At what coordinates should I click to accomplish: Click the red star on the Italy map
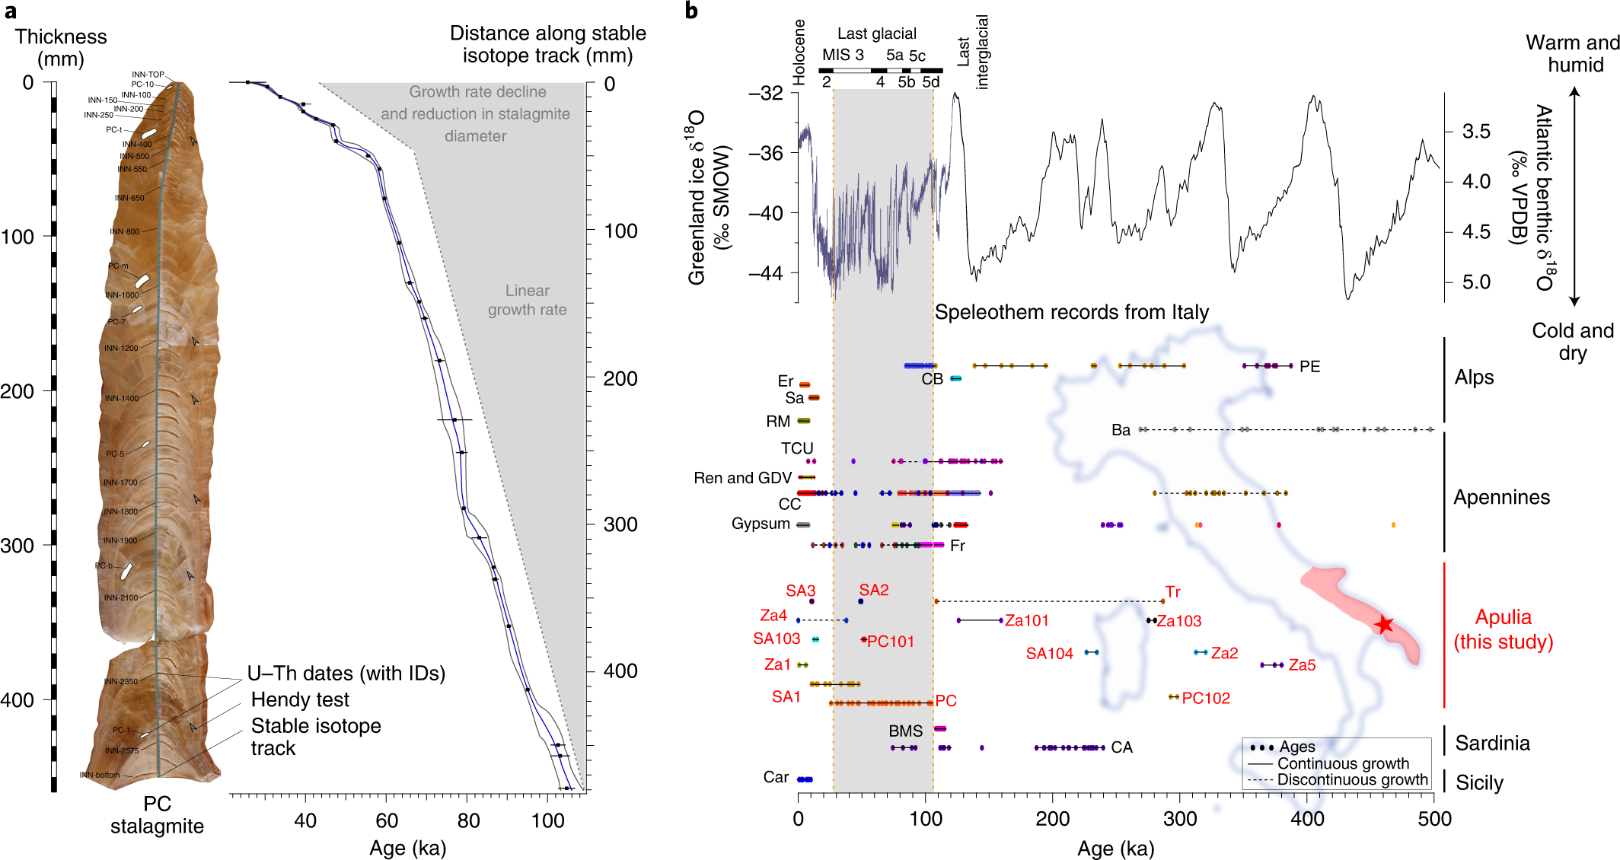1384,625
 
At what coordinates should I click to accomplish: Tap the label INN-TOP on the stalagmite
148,75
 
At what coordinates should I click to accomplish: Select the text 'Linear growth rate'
527,300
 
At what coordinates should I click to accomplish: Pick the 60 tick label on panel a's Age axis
387,820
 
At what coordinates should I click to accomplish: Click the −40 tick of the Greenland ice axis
766,213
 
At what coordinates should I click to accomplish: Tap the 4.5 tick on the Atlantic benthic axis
1476,231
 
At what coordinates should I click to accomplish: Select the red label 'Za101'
1026,620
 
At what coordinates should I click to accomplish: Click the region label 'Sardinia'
1492,743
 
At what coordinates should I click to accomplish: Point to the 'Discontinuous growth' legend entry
1352,779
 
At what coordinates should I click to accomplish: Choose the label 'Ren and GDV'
742,478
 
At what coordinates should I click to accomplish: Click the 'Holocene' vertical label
799,53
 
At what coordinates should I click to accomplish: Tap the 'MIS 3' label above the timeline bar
843,55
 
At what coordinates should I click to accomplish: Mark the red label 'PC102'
1206,698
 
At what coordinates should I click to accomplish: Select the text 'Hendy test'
300,699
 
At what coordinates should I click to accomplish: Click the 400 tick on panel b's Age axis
1307,819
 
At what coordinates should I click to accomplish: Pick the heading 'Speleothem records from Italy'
1071,312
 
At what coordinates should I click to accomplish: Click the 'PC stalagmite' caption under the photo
157,815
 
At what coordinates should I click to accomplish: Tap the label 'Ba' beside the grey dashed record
1121,430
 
